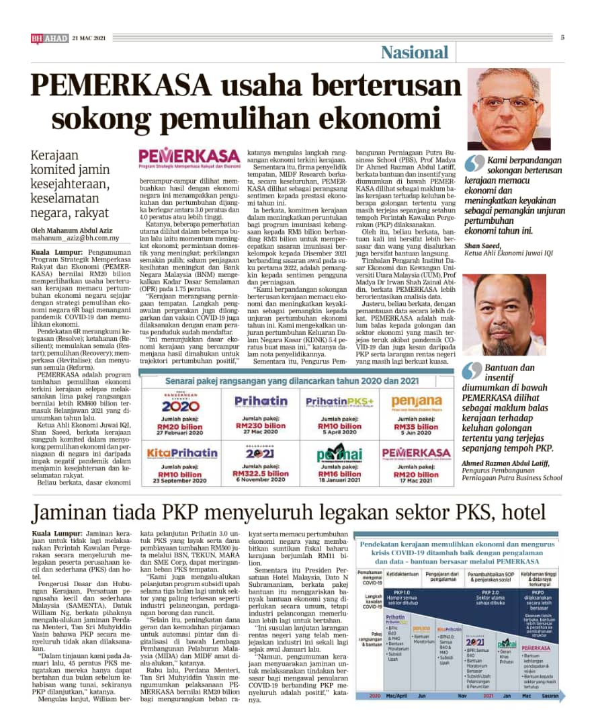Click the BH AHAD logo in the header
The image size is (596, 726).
[x=49, y=39]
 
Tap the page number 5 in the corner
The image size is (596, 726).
[x=562, y=37]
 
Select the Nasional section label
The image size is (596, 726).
[x=414, y=52]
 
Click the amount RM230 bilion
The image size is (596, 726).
[x=261, y=426]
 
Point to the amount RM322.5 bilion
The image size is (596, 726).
[x=261, y=473]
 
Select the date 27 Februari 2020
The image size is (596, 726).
[x=181, y=434]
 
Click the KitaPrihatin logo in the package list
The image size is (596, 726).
[x=181, y=453]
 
